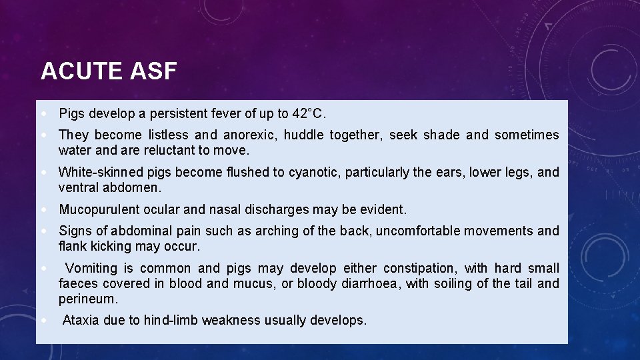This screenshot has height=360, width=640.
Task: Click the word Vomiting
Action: point(91,269)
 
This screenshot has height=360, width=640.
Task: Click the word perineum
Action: point(87,299)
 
